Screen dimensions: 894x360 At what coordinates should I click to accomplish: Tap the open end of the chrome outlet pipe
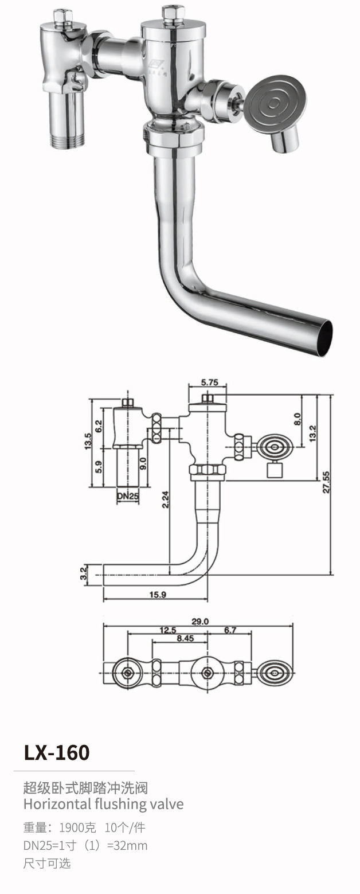pyautogui.click(x=324, y=338)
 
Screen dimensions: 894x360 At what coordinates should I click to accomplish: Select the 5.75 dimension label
pyautogui.click(x=209, y=381)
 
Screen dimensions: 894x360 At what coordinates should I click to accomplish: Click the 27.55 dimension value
pyautogui.click(x=326, y=484)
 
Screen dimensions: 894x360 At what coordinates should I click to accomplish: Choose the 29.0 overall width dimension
pyautogui.click(x=200, y=621)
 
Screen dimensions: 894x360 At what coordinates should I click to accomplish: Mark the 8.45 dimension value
pyautogui.click(x=185, y=638)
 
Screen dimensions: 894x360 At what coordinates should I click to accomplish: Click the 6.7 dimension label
pyautogui.click(x=230, y=630)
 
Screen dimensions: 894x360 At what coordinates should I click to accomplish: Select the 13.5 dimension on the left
pyautogui.click(x=88, y=443)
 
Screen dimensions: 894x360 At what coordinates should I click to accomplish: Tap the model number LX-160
pyautogui.click(x=57, y=752)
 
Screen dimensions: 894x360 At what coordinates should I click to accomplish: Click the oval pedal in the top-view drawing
pyautogui.click(x=275, y=673)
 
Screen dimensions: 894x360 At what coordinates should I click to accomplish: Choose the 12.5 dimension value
pyautogui.click(x=167, y=630)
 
